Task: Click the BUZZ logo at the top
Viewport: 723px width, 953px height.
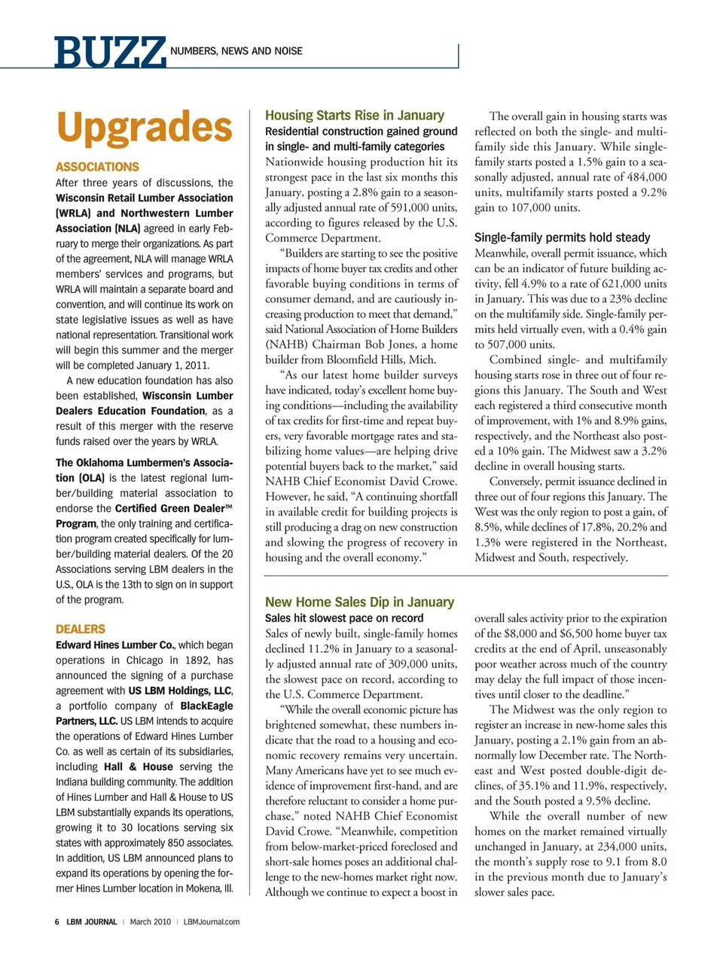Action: (x=109, y=52)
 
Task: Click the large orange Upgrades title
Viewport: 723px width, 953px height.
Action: (x=144, y=127)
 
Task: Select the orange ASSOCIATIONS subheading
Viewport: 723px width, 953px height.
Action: (x=97, y=166)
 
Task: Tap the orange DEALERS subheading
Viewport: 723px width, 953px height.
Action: (x=81, y=629)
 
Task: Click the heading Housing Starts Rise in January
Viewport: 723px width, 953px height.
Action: (x=355, y=115)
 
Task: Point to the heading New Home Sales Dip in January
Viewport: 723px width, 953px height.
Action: (x=359, y=601)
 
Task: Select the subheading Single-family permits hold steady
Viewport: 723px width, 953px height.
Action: (x=562, y=237)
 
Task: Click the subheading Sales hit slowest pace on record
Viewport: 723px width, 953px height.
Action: (x=344, y=617)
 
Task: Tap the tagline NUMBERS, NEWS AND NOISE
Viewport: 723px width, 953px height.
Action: (x=236, y=51)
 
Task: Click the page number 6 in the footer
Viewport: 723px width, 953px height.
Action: (x=57, y=921)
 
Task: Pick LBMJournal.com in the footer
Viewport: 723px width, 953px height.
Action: (x=212, y=921)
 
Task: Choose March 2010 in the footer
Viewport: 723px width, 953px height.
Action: (x=151, y=921)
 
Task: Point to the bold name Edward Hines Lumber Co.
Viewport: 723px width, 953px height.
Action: (x=114, y=645)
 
